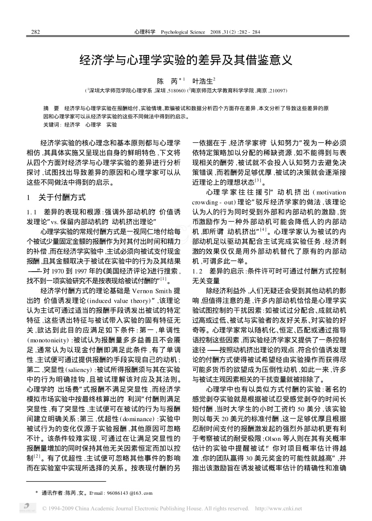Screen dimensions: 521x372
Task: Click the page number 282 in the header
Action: [35, 32]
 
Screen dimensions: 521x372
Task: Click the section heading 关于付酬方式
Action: [62, 198]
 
